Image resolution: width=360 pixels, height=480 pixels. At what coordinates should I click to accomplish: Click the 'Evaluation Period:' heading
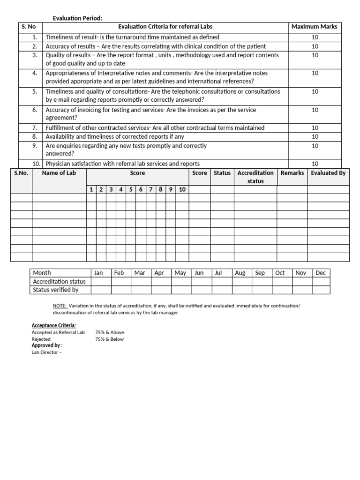(77, 18)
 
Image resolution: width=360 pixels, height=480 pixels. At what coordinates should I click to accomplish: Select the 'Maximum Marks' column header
(314, 27)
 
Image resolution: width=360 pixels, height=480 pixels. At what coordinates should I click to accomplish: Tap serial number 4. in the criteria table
(34, 73)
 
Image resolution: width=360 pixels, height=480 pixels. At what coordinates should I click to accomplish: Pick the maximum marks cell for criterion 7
(315, 128)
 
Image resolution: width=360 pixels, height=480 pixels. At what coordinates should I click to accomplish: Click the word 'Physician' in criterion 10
(58, 164)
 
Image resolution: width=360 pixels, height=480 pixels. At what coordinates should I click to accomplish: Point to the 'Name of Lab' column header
(59, 173)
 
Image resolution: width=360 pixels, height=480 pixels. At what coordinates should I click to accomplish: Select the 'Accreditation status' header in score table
(255, 177)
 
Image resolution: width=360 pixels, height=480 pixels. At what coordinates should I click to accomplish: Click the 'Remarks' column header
(292, 173)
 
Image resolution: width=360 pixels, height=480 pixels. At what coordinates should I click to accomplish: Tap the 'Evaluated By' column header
(328, 173)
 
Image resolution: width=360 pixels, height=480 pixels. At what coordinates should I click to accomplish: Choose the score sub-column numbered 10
(182, 189)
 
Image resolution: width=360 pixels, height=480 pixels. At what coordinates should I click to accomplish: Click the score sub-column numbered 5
(131, 189)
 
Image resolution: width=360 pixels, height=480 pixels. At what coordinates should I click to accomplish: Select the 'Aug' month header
(240, 273)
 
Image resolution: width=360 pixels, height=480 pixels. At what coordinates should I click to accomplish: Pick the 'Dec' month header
(321, 273)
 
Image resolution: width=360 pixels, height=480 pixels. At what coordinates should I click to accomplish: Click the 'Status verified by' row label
(56, 290)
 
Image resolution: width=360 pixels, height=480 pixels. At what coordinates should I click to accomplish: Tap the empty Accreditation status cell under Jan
(101, 281)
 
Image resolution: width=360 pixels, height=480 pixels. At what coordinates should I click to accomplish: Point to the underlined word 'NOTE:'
(60, 306)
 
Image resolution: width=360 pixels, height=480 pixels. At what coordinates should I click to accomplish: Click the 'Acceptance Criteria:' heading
(53, 325)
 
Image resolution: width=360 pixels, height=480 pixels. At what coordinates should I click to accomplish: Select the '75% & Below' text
(109, 339)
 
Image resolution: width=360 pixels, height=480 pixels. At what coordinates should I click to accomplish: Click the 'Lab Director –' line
(46, 352)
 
